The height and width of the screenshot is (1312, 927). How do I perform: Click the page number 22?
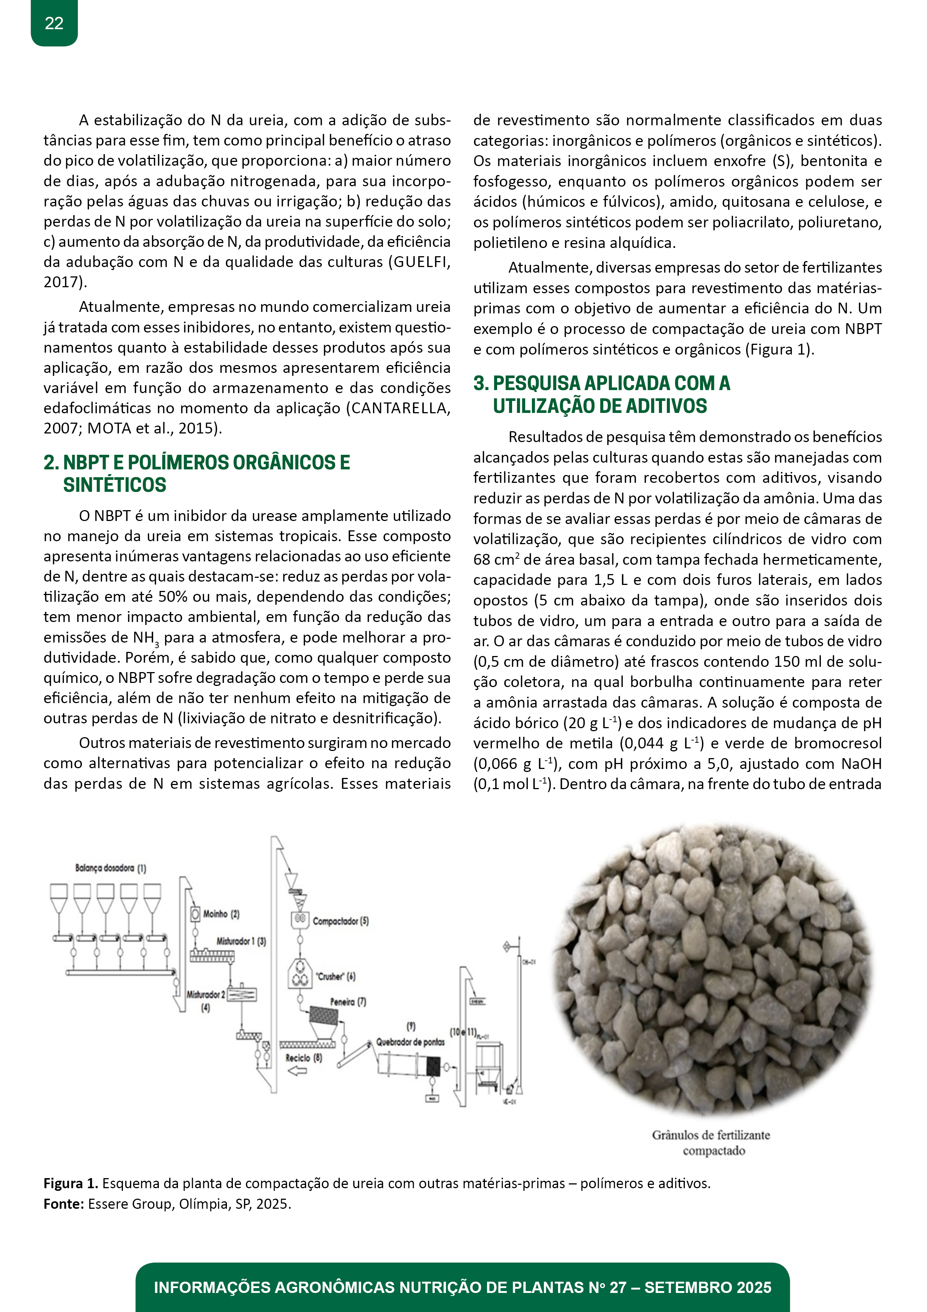click(x=54, y=24)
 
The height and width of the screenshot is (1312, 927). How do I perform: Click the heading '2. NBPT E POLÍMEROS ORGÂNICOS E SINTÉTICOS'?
click(x=197, y=473)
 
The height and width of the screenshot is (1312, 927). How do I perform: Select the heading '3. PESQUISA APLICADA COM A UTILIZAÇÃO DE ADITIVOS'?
click(x=601, y=394)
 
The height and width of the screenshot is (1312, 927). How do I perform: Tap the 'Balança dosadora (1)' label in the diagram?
click(x=111, y=868)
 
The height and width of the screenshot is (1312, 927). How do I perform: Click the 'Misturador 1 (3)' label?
click(x=241, y=941)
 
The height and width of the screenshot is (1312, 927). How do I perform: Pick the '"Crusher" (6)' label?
click(x=335, y=977)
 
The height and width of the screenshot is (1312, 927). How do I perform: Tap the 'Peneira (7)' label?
click(x=348, y=1002)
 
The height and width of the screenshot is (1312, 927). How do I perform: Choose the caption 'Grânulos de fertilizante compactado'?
click(x=711, y=1142)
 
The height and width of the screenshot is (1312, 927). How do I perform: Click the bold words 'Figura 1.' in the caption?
click(x=71, y=1183)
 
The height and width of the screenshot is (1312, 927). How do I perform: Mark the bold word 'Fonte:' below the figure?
click(x=64, y=1204)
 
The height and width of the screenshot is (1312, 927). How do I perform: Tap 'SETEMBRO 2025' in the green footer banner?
click(x=708, y=1287)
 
